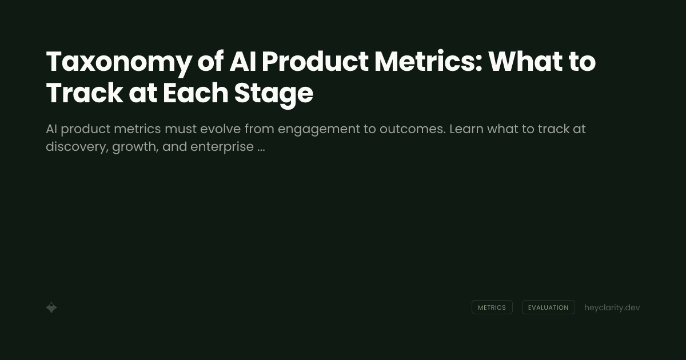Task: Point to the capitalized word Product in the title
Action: click(x=315, y=62)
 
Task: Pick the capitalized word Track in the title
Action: click(x=84, y=94)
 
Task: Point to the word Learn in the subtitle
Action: click(x=465, y=129)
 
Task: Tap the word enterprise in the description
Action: click(x=222, y=147)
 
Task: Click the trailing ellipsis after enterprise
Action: click(x=261, y=149)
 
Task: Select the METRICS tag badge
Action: click(x=492, y=307)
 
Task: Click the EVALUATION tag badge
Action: click(x=548, y=307)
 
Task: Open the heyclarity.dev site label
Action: click(x=612, y=307)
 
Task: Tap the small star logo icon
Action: click(x=51, y=307)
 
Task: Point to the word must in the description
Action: click(x=180, y=129)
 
